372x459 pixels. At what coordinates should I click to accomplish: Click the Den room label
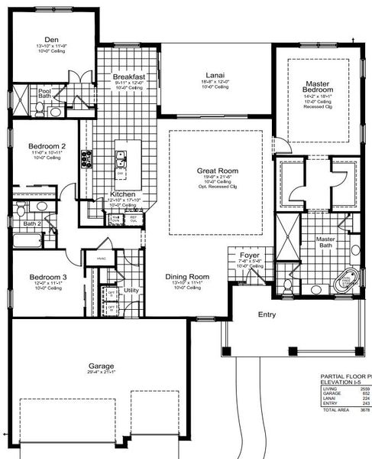(51, 40)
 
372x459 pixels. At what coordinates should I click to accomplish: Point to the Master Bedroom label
(317, 86)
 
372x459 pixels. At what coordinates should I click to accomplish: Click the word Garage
(101, 366)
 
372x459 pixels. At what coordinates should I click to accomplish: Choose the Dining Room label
(187, 276)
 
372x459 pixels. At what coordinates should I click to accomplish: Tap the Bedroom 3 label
(48, 277)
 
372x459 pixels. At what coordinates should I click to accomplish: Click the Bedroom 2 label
(47, 146)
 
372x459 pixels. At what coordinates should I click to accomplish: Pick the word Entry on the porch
(267, 314)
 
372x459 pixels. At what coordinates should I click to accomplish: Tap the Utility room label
(131, 291)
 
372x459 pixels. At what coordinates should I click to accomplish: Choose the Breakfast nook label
(128, 77)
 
